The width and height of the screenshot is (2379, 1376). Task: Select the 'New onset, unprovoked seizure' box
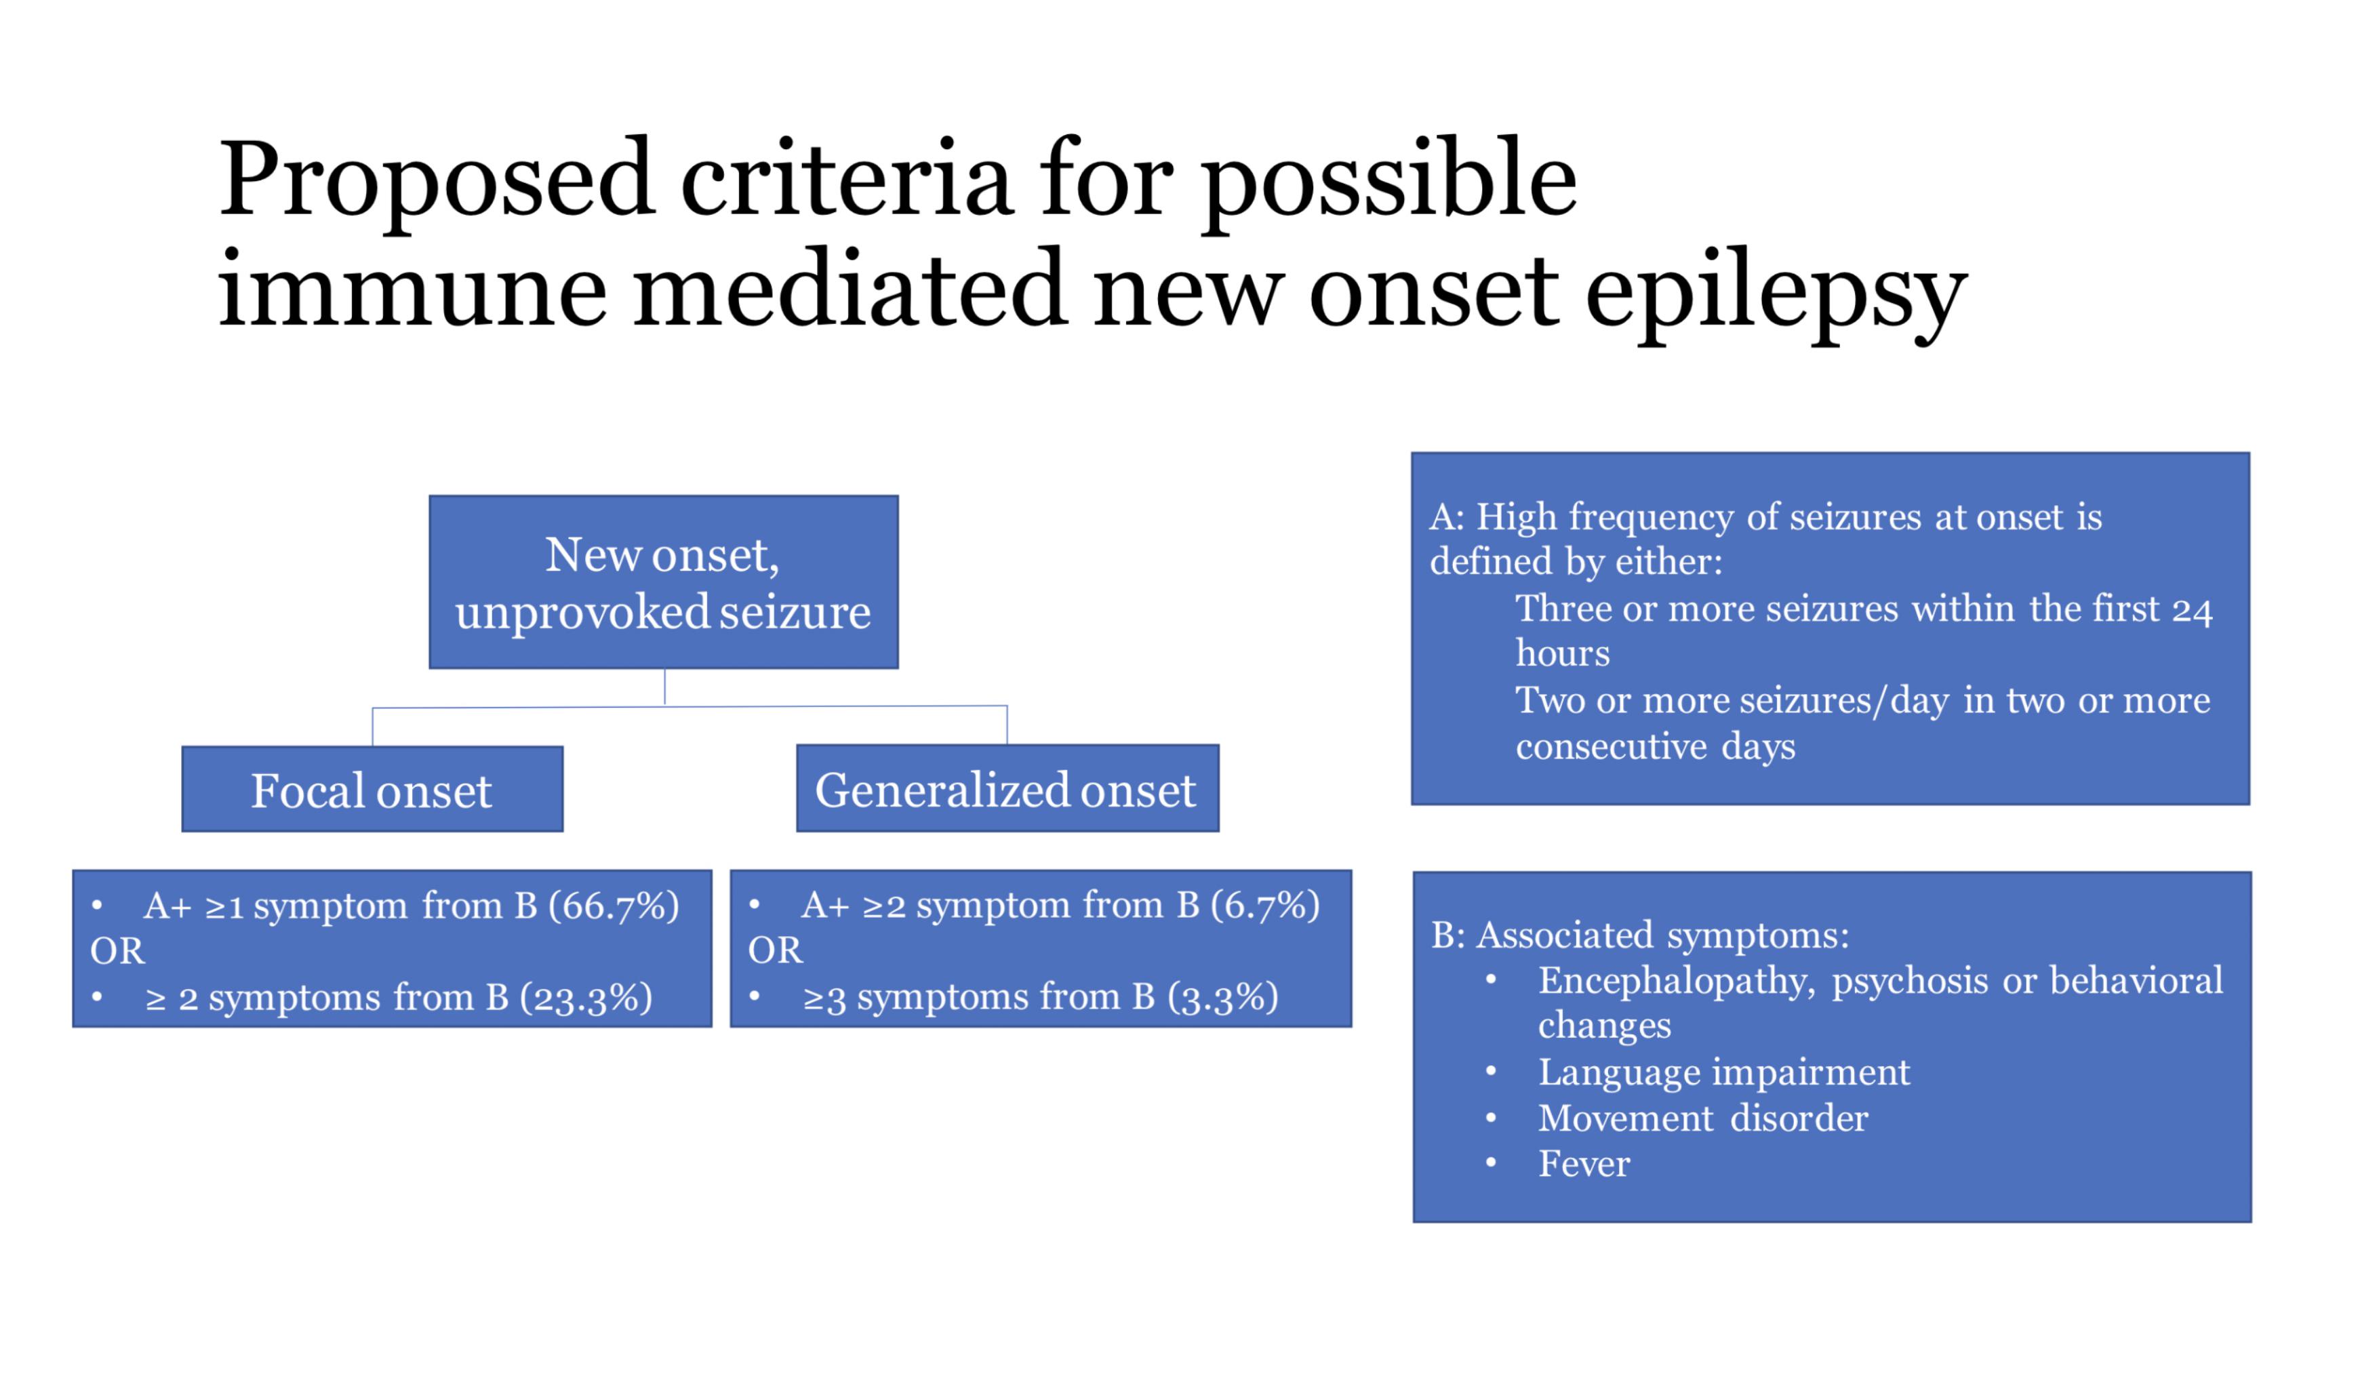[x=664, y=582]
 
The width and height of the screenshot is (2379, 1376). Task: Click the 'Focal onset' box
[x=372, y=789]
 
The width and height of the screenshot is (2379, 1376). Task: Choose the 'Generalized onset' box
[x=1007, y=788]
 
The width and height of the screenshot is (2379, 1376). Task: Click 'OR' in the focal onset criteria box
[x=117, y=950]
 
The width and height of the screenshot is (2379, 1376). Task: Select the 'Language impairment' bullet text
[x=1724, y=1073]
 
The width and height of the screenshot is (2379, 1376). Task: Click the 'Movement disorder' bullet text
[x=1703, y=1118]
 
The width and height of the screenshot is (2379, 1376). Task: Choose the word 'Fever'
[x=1584, y=1164]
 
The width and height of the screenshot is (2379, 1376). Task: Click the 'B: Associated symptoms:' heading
[x=1640, y=935]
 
